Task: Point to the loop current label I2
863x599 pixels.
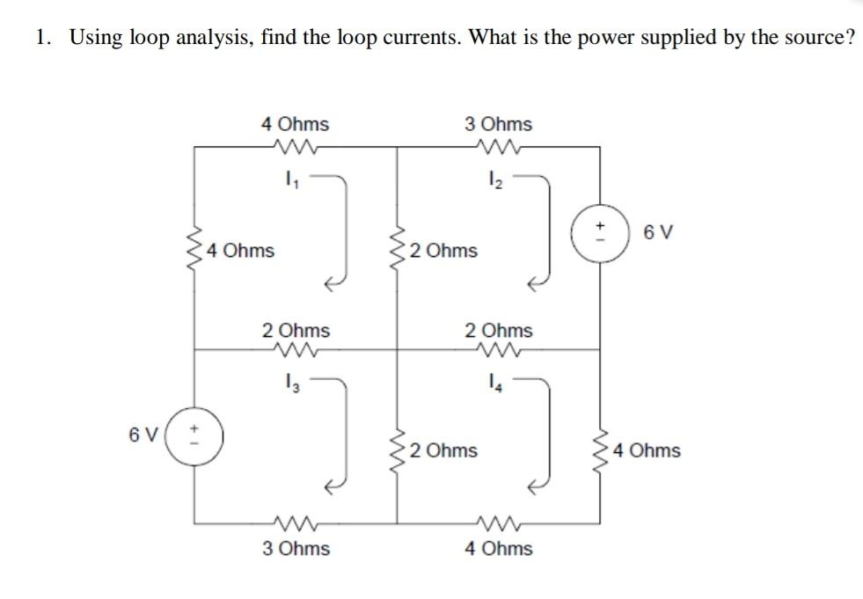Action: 494,185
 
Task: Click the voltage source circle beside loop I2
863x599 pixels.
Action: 600,234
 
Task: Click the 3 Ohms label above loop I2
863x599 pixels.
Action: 498,124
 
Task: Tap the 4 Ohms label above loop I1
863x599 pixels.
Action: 296,124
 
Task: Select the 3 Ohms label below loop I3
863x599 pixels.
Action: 296,549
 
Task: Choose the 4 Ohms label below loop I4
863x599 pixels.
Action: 498,549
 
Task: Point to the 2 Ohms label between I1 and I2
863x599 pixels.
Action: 444,251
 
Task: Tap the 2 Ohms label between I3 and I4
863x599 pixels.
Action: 444,450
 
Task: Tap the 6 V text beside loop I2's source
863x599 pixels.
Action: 659,233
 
